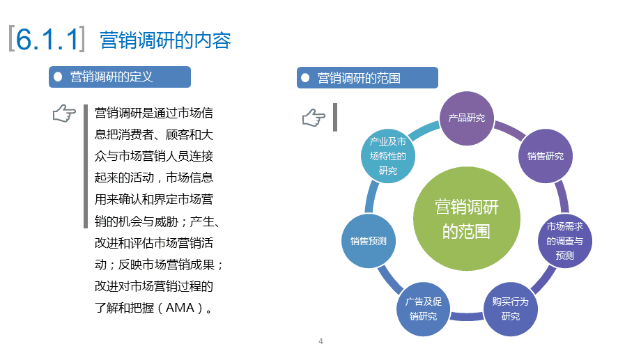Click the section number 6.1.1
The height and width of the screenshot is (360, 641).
pyautogui.click(x=47, y=40)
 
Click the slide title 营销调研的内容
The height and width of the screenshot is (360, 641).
pyautogui.click(x=165, y=40)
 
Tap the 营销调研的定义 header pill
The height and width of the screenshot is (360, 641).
pyautogui.click(x=120, y=77)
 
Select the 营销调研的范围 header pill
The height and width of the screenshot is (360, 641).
pyautogui.click(x=367, y=77)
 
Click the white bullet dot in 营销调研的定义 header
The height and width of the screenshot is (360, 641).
pyautogui.click(x=59, y=77)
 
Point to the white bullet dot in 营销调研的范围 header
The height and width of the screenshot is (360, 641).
pyautogui.click(x=305, y=77)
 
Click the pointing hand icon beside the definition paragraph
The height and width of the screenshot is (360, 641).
pyautogui.click(x=64, y=114)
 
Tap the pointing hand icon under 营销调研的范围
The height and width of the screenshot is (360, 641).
pyautogui.click(x=314, y=118)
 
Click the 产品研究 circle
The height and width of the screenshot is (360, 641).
pyautogui.click(x=466, y=117)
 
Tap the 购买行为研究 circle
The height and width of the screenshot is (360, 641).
pyautogui.click(x=510, y=308)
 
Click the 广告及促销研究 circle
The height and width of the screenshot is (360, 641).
pyautogui.click(x=423, y=308)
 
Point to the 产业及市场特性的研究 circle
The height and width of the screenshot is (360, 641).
pyautogui.click(x=388, y=156)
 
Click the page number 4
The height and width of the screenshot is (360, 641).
pyautogui.click(x=320, y=341)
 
